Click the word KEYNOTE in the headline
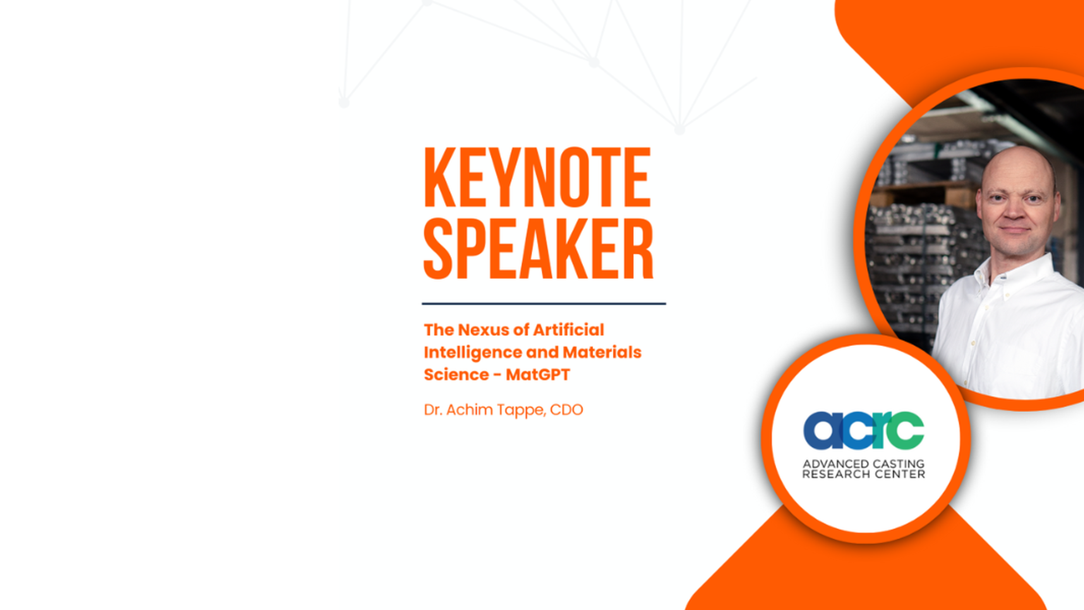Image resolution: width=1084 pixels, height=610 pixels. coord(537,177)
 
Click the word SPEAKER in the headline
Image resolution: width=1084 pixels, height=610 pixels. coord(538,248)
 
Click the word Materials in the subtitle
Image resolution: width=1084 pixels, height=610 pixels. coord(602,352)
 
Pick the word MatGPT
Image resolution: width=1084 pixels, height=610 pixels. coord(538,374)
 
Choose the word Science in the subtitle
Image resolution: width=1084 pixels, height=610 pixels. coord(456,374)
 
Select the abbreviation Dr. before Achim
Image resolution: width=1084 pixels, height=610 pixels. coord(433,410)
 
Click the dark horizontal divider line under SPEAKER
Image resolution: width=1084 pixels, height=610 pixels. coord(544,303)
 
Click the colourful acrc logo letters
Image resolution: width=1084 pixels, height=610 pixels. coord(863,430)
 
